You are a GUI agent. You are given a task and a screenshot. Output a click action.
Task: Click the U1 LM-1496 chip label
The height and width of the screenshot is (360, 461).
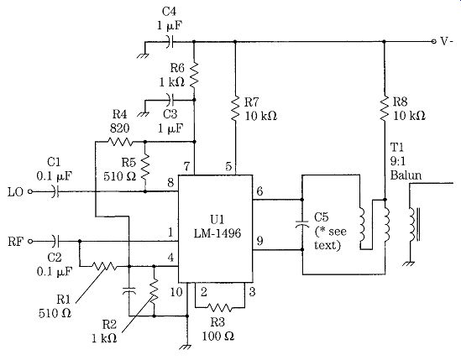tap(217, 227)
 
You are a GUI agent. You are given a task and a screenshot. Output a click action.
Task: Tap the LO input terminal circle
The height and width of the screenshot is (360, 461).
tap(29, 191)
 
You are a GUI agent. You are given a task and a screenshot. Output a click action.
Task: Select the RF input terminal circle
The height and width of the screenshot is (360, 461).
tap(29, 242)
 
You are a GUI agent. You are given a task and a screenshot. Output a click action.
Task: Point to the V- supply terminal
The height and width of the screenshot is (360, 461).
tap(433, 41)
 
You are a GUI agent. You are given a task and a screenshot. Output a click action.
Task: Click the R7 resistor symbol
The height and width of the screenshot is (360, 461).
tap(235, 109)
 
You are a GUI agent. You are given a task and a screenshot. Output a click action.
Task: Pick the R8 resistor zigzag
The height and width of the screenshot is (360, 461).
tap(384, 109)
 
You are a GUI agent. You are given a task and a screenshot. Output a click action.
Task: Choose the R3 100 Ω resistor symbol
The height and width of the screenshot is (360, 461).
tap(220, 308)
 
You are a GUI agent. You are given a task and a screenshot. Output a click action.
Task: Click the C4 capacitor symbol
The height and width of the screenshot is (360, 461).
tap(170, 42)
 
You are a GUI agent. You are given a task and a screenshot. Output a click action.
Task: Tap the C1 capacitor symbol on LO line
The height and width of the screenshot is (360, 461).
tap(55, 191)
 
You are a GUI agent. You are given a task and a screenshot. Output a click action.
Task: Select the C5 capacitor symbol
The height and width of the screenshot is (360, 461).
tap(302, 224)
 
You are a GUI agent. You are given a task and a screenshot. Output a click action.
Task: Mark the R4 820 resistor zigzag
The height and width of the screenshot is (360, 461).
tap(120, 142)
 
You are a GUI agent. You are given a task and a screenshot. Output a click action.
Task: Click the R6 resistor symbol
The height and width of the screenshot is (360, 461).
tap(194, 76)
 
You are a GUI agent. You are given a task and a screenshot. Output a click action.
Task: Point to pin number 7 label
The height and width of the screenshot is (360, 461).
tap(187, 167)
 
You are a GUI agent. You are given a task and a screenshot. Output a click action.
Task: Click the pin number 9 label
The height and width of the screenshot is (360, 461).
tap(260, 241)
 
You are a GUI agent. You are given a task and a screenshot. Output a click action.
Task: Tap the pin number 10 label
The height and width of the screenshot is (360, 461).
tap(176, 292)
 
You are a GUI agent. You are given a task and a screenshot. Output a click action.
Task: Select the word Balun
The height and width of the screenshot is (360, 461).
tap(406, 175)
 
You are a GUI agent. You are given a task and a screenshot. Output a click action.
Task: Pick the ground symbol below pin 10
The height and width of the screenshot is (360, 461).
tap(186, 347)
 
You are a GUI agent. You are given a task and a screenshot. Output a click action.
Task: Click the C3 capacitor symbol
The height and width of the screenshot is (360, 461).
tap(170, 100)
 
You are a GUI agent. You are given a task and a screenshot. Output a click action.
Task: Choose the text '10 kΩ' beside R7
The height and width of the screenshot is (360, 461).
tap(261, 116)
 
